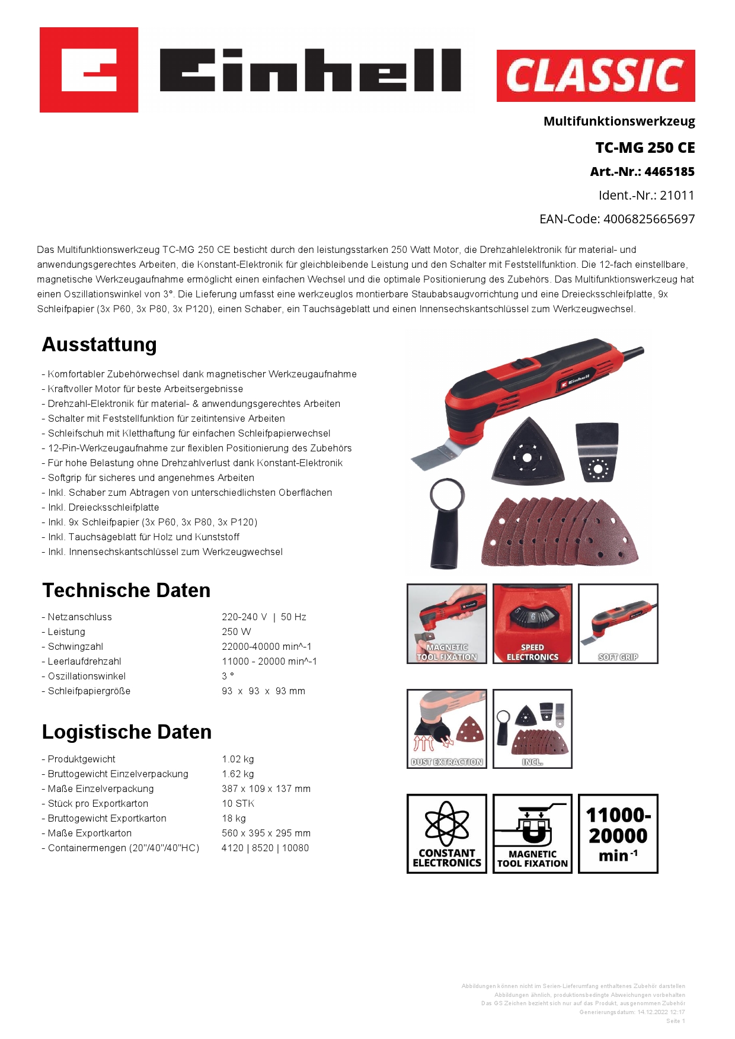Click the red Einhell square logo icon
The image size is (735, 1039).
[89, 70]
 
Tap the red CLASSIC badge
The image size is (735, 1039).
[595, 76]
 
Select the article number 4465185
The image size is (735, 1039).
[669, 172]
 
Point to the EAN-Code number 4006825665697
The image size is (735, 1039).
[648, 219]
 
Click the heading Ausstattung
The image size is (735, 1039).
[100, 345]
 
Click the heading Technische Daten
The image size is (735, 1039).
[126, 591]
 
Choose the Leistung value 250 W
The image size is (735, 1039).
[237, 632]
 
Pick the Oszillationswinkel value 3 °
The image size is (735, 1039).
[228, 676]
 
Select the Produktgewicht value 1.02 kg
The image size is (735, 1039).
[238, 759]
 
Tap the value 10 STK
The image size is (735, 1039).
[238, 804]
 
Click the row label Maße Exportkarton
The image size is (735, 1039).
[90, 833]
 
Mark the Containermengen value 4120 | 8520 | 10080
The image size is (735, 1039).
[265, 848]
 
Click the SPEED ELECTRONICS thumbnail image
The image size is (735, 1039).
[532, 623]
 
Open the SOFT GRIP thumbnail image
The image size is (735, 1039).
[618, 623]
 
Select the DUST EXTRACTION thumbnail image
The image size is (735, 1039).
[446, 729]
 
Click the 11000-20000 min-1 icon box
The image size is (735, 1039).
[618, 833]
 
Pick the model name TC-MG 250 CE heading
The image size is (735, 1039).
[645, 148]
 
